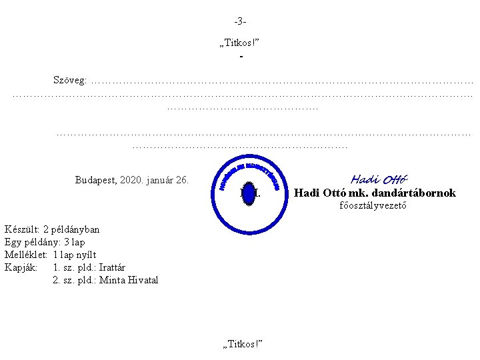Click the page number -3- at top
coord(240,20)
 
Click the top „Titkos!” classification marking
coord(239,43)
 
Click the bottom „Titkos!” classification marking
coord(241,343)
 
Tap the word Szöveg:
coord(69,81)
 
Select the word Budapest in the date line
coord(96,180)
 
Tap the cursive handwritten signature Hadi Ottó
coord(379,179)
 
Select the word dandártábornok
coord(416,193)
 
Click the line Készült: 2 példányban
coord(52,230)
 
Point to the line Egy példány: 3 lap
coord(45,242)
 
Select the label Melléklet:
coord(25,255)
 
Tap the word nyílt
coord(84,255)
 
